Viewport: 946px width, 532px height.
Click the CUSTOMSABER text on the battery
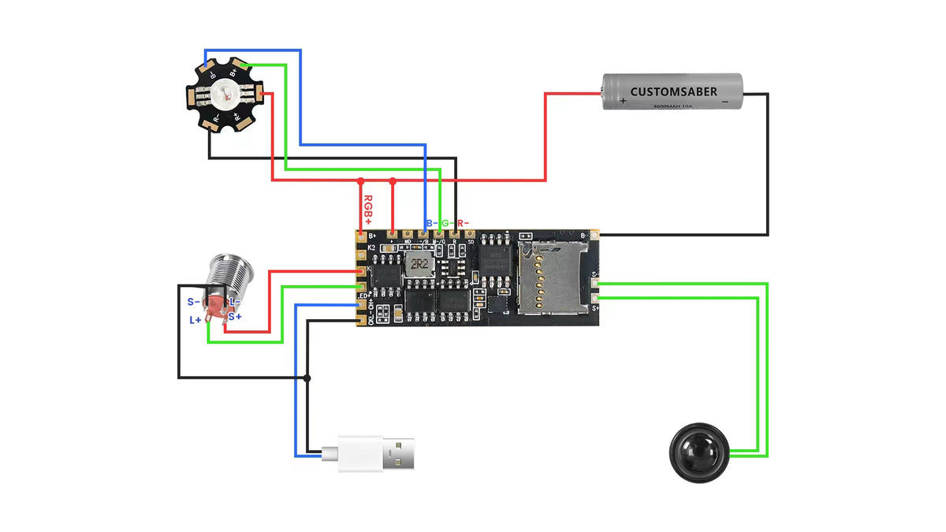(673, 92)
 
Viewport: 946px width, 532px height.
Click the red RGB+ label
(367, 211)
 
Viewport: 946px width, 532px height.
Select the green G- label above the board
(446, 224)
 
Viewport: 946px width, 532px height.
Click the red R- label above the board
(464, 224)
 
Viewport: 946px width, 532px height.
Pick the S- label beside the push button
(193, 302)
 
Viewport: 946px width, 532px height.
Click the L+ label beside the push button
(196, 320)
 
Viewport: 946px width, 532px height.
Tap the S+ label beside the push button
(235, 317)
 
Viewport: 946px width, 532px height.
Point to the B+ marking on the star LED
(233, 73)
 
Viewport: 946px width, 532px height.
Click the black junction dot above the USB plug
(307, 378)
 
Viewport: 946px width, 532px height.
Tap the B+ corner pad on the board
(362, 235)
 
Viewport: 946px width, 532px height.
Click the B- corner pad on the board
(594, 234)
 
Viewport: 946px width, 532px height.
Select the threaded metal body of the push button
(225, 276)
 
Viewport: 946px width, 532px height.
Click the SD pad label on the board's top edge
(471, 241)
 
